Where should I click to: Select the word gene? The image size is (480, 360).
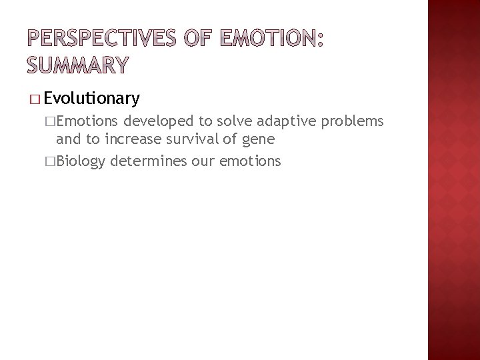(x=241, y=141)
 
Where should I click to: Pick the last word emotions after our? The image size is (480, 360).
(x=247, y=161)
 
